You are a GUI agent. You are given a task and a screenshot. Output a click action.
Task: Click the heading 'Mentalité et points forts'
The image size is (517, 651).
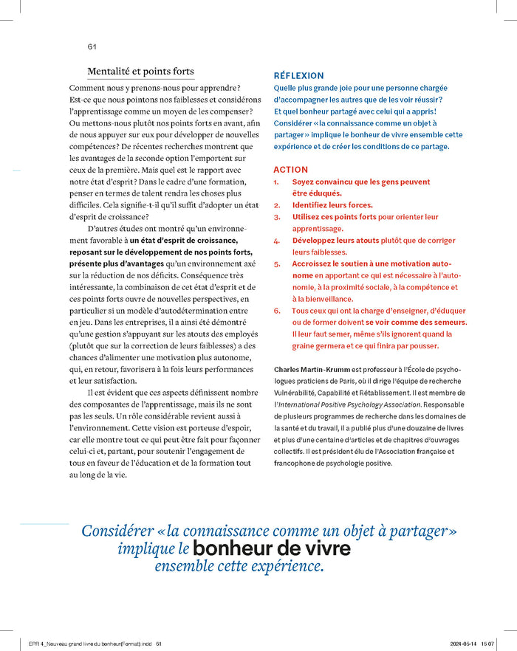coord(140,72)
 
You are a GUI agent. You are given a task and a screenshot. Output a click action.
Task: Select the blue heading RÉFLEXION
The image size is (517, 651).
coord(298,76)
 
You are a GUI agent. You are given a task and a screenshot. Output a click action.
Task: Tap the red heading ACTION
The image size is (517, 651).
coord(290,170)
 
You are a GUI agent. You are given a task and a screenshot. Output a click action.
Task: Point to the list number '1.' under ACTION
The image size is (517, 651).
coord(277,182)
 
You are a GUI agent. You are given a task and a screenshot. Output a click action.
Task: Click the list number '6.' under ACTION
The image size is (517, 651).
coord(277,311)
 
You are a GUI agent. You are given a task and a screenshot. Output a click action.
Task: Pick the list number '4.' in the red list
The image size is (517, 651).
coord(277,241)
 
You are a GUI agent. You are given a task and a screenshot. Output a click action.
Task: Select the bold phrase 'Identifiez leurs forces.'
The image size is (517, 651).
coord(332,205)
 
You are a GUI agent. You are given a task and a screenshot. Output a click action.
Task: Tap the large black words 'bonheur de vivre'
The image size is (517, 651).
coord(272,549)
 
